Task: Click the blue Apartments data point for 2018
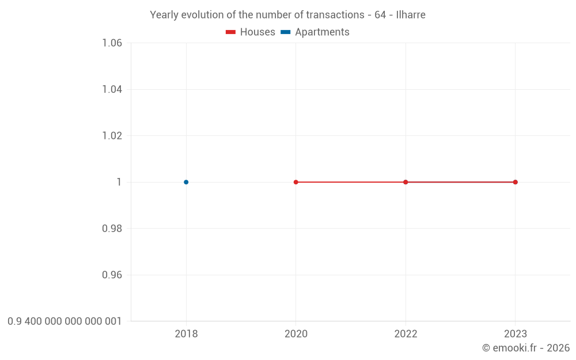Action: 186,182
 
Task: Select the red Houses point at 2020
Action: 296,182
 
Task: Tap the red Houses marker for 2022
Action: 406,182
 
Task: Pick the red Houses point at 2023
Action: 516,182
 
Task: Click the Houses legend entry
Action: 257,32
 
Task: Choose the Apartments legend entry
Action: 322,32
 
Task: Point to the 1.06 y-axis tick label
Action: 112,43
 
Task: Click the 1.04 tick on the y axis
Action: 112,89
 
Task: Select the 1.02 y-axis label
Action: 112,136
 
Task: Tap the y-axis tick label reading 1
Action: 119,182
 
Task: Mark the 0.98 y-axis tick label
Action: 112,229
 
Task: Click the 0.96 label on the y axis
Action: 112,275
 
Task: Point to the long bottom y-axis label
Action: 65,321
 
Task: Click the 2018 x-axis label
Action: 186,334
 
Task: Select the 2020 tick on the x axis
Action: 296,334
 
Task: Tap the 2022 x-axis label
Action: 406,334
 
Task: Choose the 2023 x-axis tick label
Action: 516,334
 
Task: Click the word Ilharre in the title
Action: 411,15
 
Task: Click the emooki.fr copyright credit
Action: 526,348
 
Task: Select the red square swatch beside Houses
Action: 231,32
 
